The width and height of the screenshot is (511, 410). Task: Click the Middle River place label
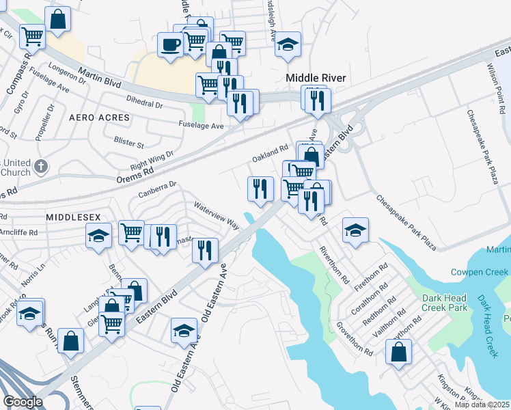click(316, 78)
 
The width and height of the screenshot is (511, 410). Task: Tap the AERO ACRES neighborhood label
click(100, 118)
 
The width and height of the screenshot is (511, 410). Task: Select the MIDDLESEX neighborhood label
click(69, 216)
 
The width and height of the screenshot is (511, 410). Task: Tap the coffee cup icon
click(170, 45)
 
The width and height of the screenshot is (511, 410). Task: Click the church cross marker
click(42, 166)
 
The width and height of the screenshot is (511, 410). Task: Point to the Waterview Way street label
click(216, 215)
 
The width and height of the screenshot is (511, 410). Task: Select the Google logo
click(23, 402)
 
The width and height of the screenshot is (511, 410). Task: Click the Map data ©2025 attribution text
click(482, 405)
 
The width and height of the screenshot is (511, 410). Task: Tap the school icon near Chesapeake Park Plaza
click(355, 230)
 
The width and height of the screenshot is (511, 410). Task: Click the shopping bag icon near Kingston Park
click(398, 353)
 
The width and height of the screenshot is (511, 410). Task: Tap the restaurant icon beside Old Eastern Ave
click(204, 251)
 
